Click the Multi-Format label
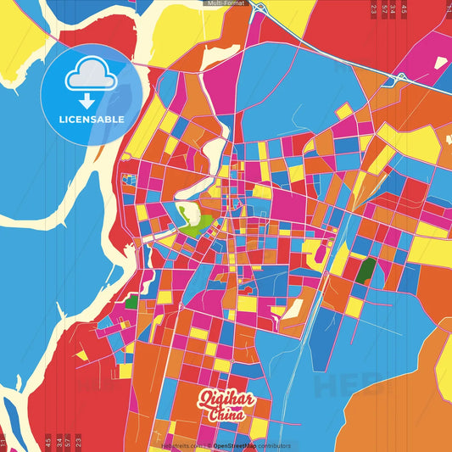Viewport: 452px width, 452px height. pos(225,3)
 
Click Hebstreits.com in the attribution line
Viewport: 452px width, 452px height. pos(179,445)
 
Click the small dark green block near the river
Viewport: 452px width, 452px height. pos(131,300)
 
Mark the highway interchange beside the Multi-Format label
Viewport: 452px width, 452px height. pos(259,10)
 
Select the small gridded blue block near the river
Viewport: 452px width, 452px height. pos(129,180)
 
